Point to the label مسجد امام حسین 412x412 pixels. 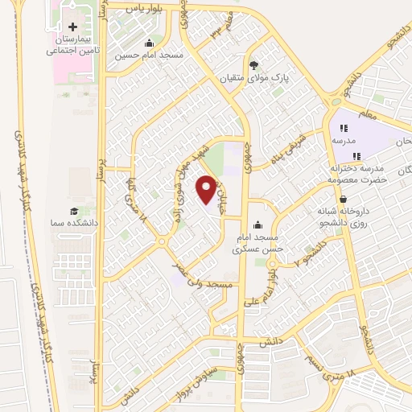coord(149,56)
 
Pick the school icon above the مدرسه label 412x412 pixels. coord(344,128)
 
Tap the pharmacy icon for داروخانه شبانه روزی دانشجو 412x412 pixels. coord(344,199)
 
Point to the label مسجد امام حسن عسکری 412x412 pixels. coord(257,244)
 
